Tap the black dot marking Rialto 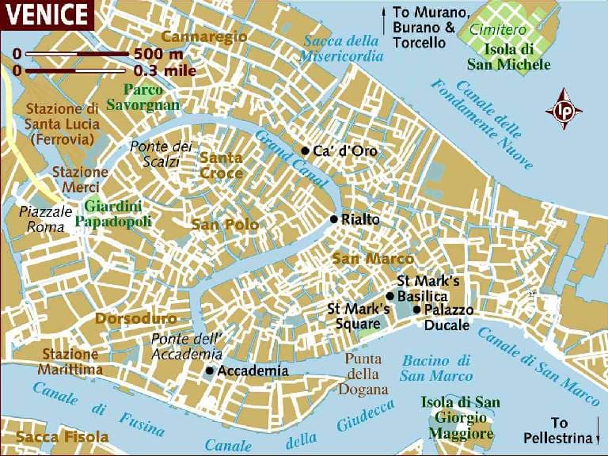(x=334, y=219)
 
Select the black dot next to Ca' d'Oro (x=305, y=150)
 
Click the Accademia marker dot (x=209, y=370)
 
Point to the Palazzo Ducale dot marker (x=417, y=310)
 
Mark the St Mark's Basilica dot (x=389, y=295)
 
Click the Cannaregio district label (x=204, y=36)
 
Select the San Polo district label (x=225, y=225)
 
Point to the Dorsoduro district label (x=135, y=318)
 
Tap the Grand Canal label (x=283, y=160)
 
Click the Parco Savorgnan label (x=151, y=97)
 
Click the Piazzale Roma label (x=44, y=219)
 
